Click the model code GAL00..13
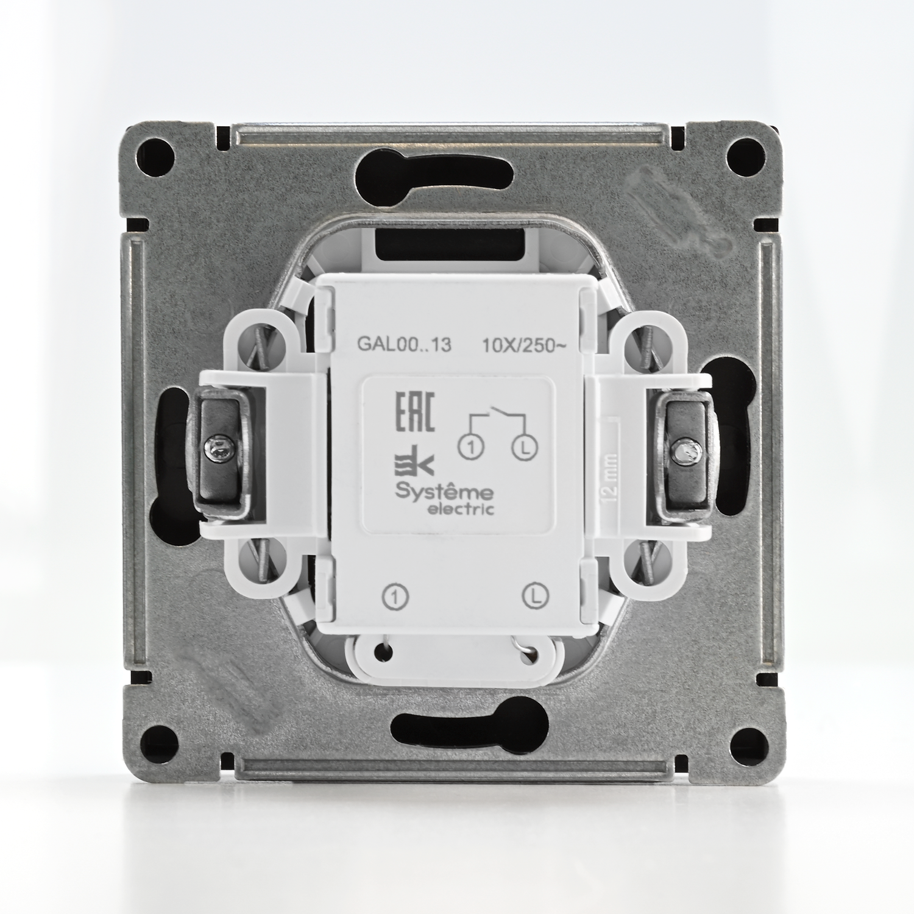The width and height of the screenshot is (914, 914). point(404,345)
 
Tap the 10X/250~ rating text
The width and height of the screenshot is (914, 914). point(525,345)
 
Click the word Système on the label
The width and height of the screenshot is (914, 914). point(445,492)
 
